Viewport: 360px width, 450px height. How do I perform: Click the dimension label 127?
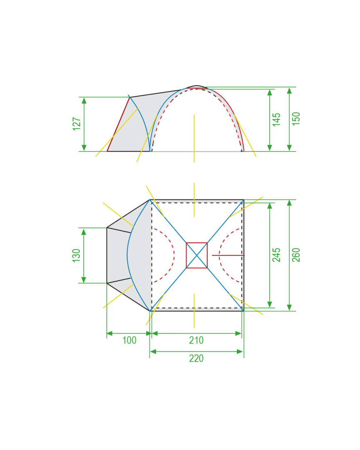pyautogui.click(x=77, y=124)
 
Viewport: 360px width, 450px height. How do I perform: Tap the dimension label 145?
pyautogui.click(x=276, y=119)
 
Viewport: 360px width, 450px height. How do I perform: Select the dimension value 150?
pyautogui.click(x=296, y=119)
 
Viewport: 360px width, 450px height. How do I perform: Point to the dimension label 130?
pyautogui.click(x=76, y=256)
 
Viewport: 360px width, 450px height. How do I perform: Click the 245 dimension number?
pyautogui.click(x=276, y=255)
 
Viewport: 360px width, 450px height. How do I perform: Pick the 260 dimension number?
pyautogui.click(x=296, y=255)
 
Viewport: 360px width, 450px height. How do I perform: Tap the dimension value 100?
pyautogui.click(x=129, y=341)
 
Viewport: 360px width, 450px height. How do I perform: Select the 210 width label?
pyautogui.click(x=196, y=341)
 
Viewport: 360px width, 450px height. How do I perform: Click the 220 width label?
pyautogui.click(x=196, y=358)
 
